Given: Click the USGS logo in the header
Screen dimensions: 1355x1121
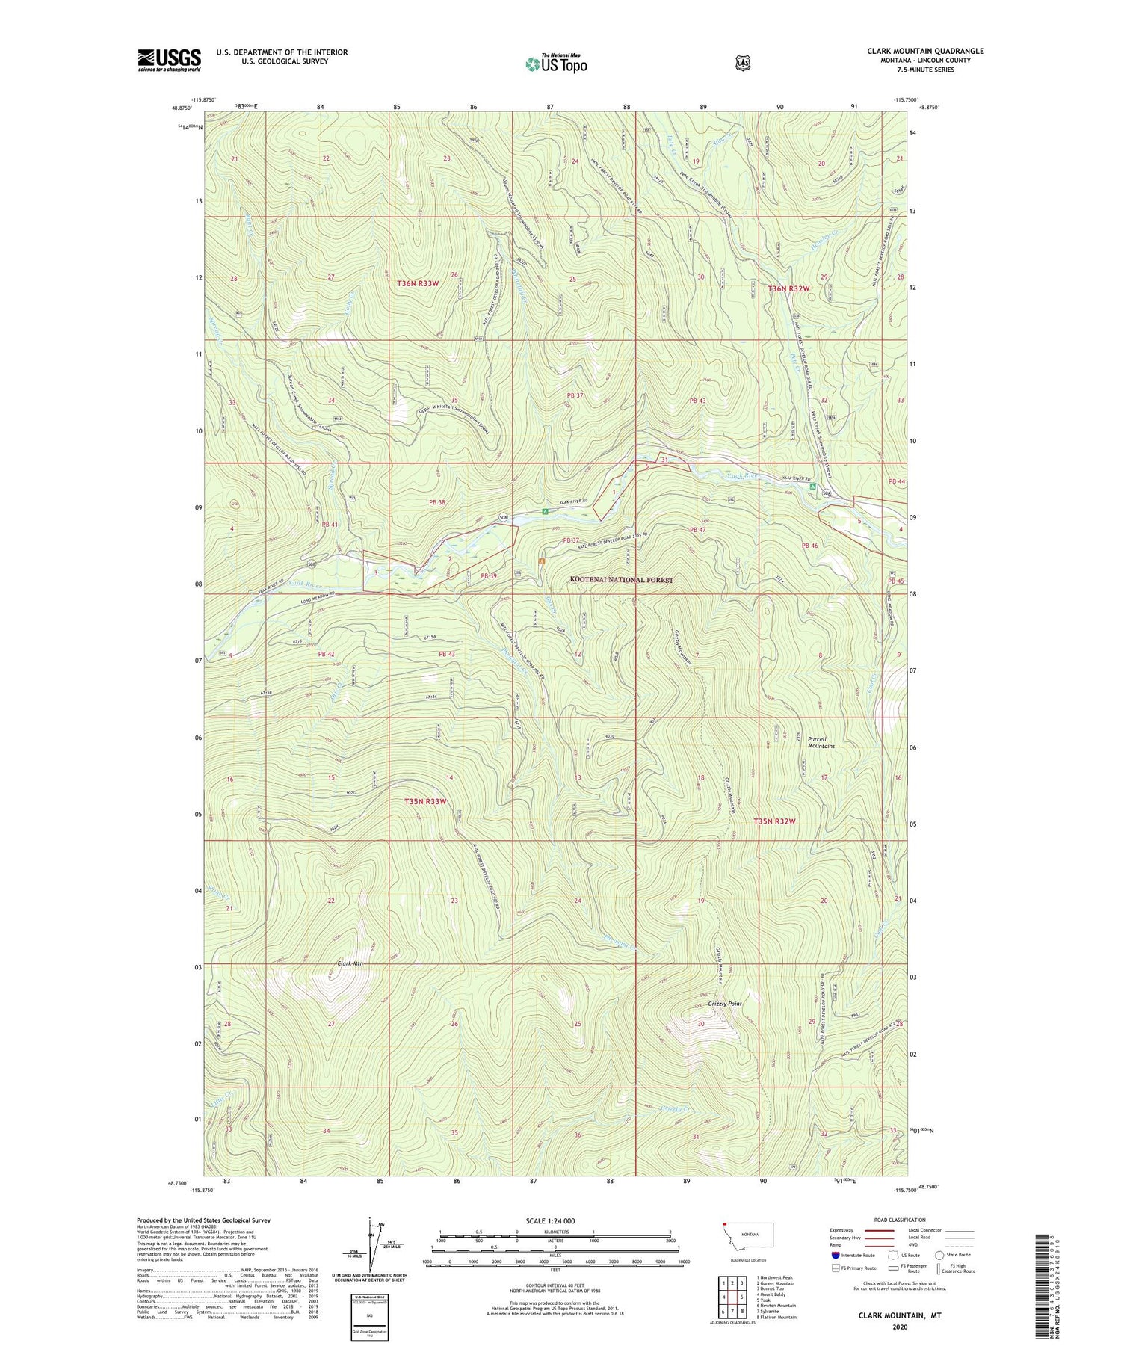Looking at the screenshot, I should tap(169, 60).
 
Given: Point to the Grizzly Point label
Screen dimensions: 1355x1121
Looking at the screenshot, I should tap(724, 1004).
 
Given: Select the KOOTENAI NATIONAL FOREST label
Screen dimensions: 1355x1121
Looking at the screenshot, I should tap(621, 580).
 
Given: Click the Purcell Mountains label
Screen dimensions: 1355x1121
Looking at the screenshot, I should tap(821, 742).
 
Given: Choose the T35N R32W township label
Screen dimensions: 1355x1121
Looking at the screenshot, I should tap(774, 821).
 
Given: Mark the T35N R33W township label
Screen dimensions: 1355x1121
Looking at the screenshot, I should tap(425, 801).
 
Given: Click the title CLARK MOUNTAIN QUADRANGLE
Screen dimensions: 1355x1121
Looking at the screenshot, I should tap(925, 51).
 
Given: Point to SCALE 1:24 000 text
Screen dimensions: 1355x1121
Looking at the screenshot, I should tap(551, 1220).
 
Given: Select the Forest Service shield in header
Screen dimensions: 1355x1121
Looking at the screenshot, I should tap(742, 64).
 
